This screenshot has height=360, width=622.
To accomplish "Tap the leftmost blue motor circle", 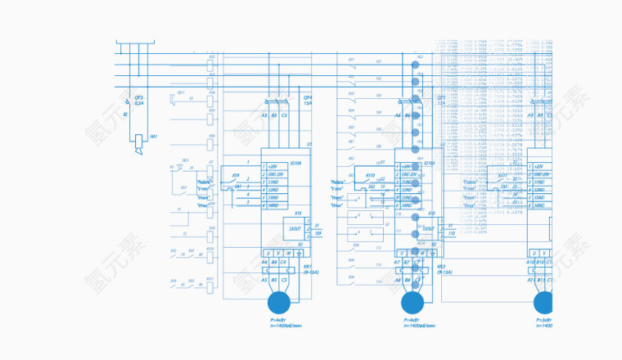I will click(x=279, y=303).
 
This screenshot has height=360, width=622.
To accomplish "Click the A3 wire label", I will click(x=264, y=115).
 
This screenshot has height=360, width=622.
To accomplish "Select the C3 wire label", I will click(x=284, y=115).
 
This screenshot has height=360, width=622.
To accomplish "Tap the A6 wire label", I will click(x=398, y=115).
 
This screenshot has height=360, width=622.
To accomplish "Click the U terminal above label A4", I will click(x=267, y=253).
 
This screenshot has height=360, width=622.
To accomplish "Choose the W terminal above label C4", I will click(x=286, y=253).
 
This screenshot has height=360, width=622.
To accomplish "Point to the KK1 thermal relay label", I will click(x=309, y=267).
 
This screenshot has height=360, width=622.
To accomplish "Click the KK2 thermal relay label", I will click(x=441, y=267).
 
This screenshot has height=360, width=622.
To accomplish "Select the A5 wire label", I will click(x=264, y=280).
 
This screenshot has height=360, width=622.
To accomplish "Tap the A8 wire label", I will click(x=398, y=280).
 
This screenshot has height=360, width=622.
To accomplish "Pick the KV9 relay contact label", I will click(x=236, y=175).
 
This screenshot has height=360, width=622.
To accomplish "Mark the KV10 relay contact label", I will click(x=370, y=175).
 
